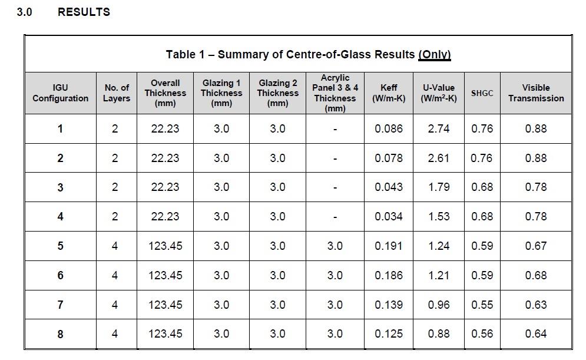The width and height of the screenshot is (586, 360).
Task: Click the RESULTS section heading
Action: [84, 12]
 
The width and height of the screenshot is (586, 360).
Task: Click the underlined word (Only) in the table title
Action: [434, 55]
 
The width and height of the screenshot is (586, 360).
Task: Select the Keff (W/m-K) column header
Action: [389, 93]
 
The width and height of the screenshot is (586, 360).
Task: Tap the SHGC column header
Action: [482, 93]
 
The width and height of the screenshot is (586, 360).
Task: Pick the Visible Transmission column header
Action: [536, 93]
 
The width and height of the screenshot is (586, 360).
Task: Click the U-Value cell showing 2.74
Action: [439, 128]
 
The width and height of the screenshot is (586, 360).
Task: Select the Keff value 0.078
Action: [389, 158]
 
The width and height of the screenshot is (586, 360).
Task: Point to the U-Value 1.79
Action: [439, 187]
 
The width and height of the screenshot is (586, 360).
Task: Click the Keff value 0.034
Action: [389, 217]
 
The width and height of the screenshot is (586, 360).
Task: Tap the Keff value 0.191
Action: [389, 246]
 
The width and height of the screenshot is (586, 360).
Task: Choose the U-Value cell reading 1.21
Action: [439, 275]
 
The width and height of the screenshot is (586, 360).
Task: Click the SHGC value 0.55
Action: [482, 305]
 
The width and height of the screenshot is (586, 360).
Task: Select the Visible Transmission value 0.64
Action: [536, 334]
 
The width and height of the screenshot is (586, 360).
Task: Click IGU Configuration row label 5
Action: [60, 246]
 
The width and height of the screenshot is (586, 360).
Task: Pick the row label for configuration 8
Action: [60, 334]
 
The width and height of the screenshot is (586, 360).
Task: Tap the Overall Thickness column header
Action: [165, 93]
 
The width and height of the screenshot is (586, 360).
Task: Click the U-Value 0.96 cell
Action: [439, 305]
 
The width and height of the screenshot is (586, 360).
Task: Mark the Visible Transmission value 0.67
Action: [536, 246]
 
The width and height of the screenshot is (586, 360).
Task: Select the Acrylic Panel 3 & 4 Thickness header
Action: [335, 93]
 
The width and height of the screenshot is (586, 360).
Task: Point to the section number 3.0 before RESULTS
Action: [24, 12]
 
